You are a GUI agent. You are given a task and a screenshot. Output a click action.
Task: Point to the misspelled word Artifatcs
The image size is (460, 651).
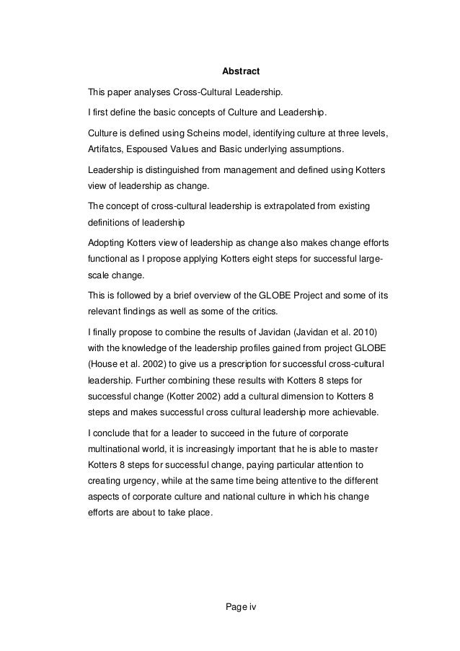click(x=105, y=152)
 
